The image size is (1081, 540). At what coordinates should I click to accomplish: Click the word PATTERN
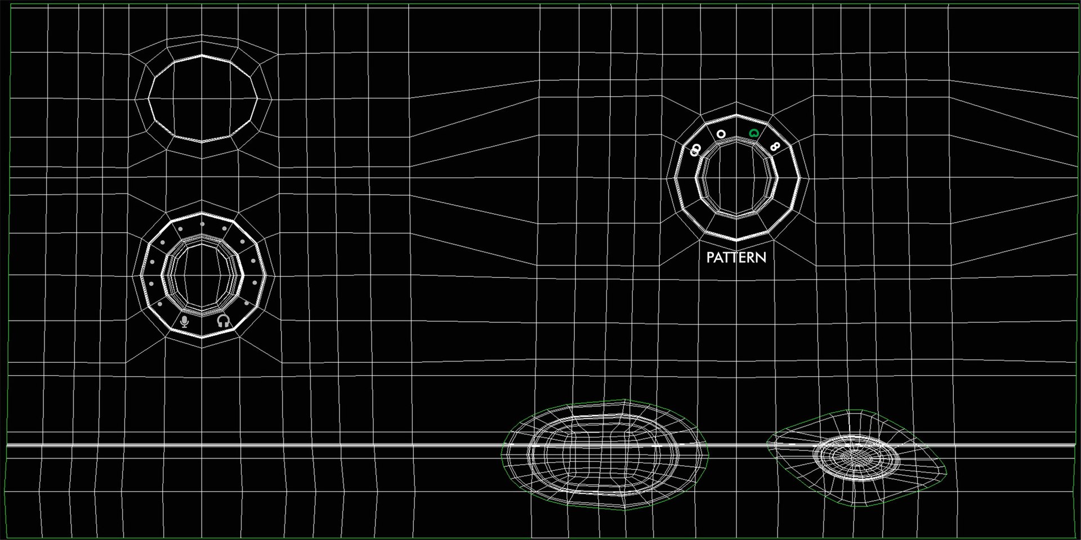736,258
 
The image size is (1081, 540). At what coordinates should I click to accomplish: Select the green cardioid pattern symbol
754,134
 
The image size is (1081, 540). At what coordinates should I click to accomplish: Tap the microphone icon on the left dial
184,321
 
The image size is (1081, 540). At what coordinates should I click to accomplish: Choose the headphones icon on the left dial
224,321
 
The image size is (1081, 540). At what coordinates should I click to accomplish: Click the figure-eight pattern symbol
775,147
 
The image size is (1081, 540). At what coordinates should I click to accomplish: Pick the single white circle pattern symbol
721,134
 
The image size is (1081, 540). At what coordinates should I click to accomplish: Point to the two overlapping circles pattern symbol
696,150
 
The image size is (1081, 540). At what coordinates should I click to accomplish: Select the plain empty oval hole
202,98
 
